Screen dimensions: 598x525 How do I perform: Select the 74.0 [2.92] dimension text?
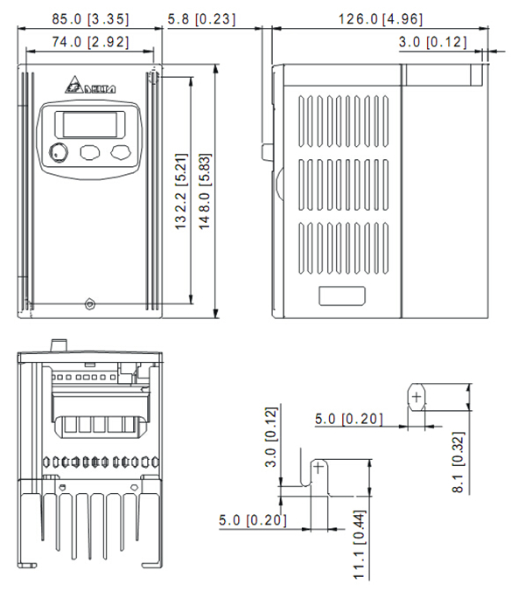tap(90, 41)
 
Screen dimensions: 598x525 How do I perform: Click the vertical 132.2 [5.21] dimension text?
tap(180, 190)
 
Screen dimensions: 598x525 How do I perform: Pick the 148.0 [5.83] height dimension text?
tap(204, 190)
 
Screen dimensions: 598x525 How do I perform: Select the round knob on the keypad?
tap(59, 153)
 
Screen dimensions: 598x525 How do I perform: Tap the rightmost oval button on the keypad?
tap(121, 153)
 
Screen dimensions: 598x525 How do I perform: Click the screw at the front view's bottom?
tap(90, 304)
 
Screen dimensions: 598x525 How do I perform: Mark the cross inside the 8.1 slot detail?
tap(416, 397)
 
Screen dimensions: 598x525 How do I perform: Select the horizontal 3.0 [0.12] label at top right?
tap(432, 41)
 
